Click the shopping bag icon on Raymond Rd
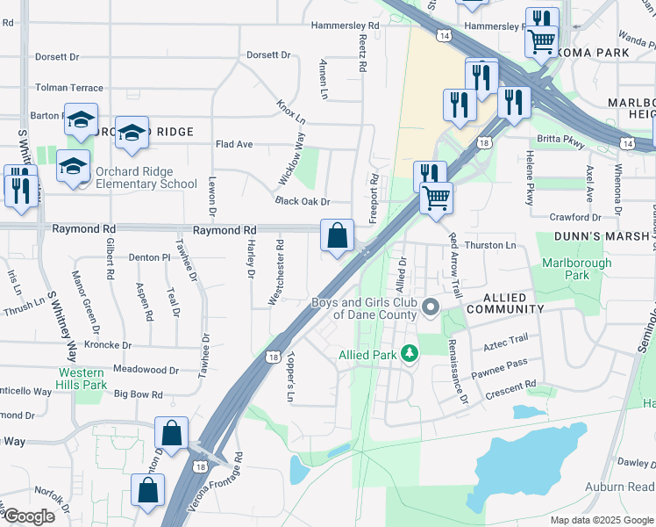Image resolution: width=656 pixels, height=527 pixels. tap(337, 235)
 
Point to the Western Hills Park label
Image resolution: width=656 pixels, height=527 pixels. tap(82, 379)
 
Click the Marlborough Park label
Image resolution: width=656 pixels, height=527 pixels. tap(565, 269)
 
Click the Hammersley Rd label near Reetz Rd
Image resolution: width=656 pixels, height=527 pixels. tap(346, 26)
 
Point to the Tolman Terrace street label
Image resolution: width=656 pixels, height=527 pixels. tap(68, 88)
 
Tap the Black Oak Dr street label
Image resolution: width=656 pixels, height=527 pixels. tap(302, 201)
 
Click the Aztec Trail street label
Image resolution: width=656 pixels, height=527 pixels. tap(504, 338)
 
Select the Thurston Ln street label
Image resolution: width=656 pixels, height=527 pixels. tap(490, 246)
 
